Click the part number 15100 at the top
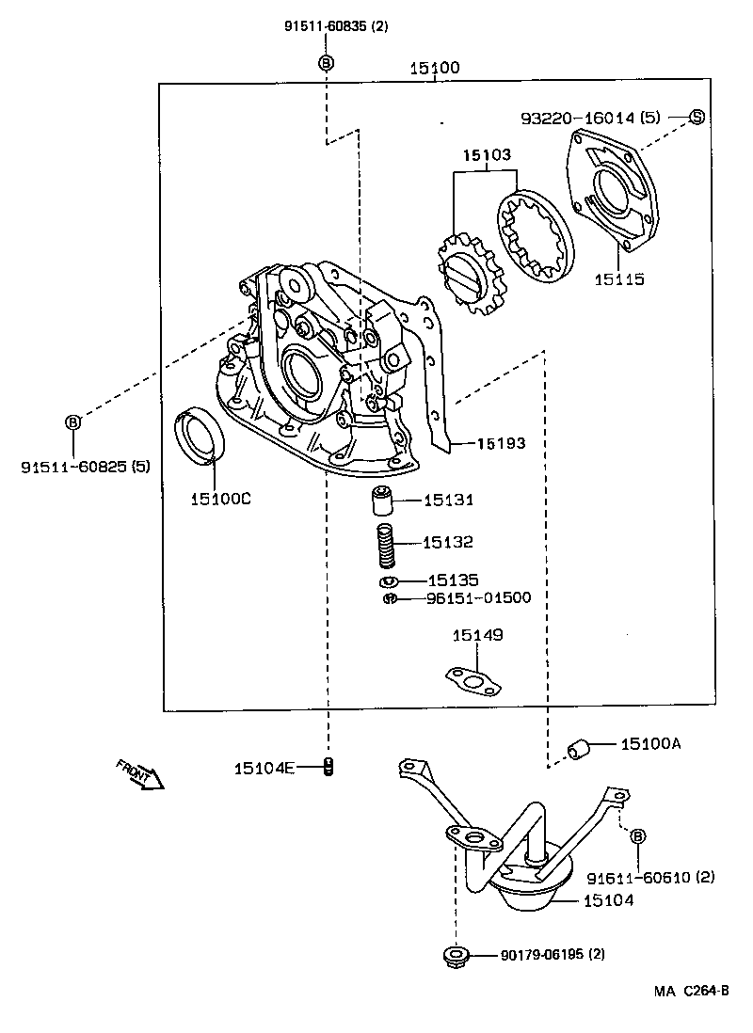point(434,69)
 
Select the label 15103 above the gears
point(486,156)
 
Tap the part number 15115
point(618,279)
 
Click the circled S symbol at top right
point(696,118)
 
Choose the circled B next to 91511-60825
point(72,422)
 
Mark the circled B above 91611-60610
point(637,835)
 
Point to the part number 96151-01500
point(478,597)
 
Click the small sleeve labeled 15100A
point(577,749)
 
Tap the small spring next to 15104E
point(328,768)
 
